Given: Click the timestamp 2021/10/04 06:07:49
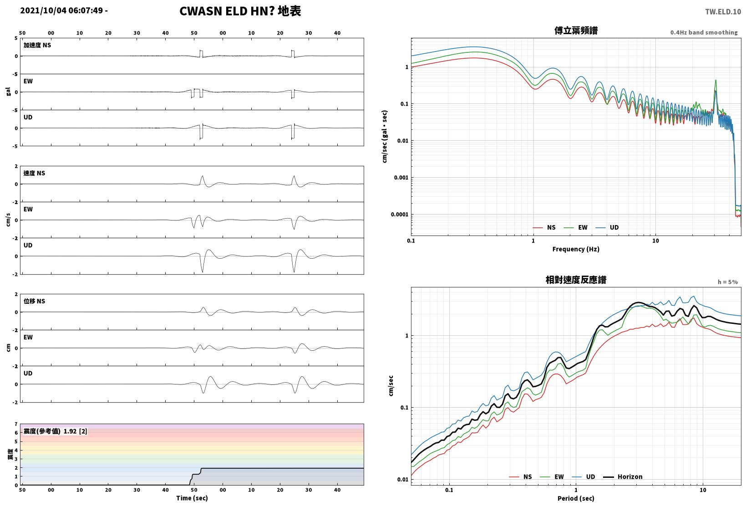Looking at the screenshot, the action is click(x=61, y=10).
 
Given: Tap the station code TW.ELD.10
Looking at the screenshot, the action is click(x=723, y=12).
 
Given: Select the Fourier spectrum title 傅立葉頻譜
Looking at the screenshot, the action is click(x=576, y=31).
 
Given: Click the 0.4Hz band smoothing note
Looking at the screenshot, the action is click(x=704, y=32).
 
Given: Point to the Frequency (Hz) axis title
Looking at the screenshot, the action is click(x=576, y=249).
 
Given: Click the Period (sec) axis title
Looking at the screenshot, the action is click(x=576, y=498).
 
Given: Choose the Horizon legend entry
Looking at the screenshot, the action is click(x=623, y=476).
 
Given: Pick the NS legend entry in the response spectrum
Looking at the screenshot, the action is click(x=521, y=476).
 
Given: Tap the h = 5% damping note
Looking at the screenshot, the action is click(x=728, y=282).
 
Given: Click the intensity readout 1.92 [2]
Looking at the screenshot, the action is click(x=75, y=431).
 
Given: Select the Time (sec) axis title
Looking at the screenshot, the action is click(x=192, y=498).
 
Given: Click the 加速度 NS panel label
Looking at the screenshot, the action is click(x=37, y=45).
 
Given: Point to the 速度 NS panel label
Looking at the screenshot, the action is click(x=34, y=173).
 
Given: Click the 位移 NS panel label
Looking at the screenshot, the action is click(x=34, y=301).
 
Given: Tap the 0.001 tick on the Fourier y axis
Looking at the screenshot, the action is click(x=401, y=177).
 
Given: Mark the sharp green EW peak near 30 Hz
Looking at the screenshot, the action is click(x=716, y=80).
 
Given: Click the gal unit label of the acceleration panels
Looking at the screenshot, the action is click(x=8, y=92).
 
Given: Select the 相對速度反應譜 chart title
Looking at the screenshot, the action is click(x=576, y=280).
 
